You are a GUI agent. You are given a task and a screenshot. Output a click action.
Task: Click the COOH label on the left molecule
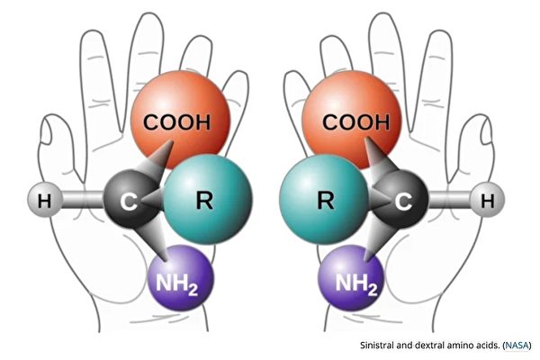[181, 122]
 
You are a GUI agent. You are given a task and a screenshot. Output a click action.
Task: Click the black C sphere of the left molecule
[127, 200]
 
